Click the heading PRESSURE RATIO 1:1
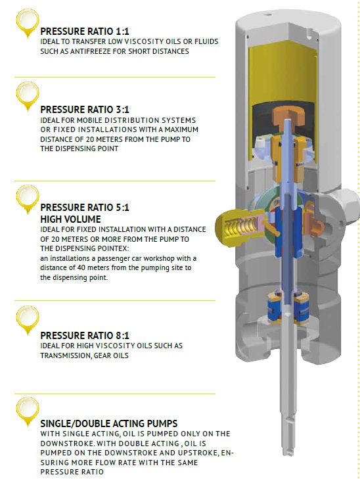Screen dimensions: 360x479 point(85,31)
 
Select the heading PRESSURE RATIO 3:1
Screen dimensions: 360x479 point(85,109)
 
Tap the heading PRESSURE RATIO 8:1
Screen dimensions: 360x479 point(85,335)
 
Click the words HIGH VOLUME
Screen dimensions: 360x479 point(70,219)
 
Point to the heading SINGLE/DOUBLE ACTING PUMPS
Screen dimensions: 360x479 point(108,423)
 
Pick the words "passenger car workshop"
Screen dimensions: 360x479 point(135,258)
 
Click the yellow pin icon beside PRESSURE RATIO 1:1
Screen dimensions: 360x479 point(28,22)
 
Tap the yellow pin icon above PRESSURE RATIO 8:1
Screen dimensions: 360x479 point(28,319)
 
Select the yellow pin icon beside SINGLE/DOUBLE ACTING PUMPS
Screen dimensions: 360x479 point(28,411)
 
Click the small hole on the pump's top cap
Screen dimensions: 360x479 point(268,14)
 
